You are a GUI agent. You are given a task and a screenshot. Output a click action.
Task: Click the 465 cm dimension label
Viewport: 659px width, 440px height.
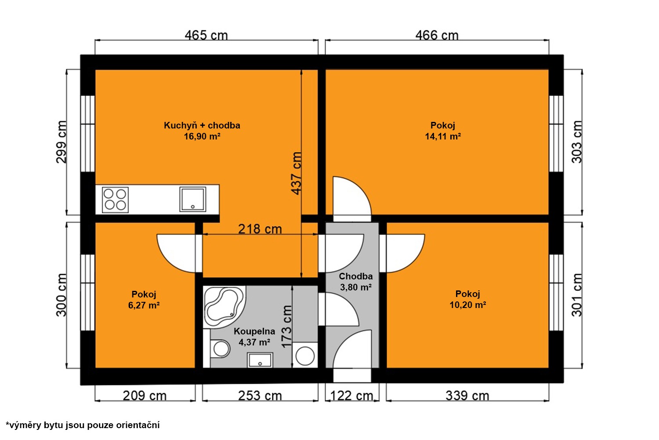[206, 35]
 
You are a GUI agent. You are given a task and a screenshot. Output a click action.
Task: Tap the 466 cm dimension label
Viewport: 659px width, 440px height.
[437, 35]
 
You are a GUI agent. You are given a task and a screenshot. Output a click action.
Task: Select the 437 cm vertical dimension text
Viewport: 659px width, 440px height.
[297, 173]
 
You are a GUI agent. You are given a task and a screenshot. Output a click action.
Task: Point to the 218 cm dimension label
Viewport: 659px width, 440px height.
[260, 229]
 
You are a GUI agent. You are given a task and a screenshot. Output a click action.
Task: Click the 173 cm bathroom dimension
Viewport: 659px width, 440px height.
[286, 326]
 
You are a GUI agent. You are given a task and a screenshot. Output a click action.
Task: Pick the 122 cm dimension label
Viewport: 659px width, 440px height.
[352, 396]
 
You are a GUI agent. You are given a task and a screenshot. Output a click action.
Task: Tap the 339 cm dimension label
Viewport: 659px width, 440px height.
[467, 396]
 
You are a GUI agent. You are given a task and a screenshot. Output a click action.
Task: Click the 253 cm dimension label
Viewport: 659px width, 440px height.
[260, 396]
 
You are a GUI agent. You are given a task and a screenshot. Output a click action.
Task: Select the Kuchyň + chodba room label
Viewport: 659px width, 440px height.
[202, 125]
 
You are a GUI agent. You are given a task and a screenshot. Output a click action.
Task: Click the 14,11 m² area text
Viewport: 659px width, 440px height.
[443, 136]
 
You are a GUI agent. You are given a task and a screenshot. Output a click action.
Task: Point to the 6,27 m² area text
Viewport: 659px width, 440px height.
[144, 305]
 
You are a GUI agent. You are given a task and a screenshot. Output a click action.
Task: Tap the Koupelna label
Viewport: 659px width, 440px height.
[254, 331]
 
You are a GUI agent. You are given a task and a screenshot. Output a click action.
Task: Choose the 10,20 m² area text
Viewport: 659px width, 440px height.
[468, 305]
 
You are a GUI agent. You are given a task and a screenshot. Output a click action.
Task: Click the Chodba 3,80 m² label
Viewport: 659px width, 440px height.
[356, 282]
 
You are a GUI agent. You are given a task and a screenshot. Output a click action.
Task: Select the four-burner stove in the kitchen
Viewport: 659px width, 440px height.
[115, 200]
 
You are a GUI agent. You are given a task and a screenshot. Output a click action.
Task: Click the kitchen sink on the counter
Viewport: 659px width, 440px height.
[193, 199]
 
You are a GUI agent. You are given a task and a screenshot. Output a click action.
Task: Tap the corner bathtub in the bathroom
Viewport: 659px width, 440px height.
[224, 307]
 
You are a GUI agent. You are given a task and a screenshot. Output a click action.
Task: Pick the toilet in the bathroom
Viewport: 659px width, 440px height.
[221, 348]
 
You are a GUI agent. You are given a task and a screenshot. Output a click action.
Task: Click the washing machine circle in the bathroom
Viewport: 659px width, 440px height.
[305, 356]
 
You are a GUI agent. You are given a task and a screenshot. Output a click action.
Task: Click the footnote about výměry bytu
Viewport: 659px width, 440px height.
[83, 425]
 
